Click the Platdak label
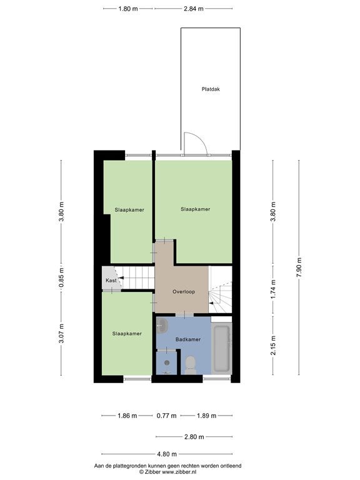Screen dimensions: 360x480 point(211,89)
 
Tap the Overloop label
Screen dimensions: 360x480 point(184,292)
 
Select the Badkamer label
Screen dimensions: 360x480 point(188,339)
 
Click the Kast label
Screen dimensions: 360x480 point(111,281)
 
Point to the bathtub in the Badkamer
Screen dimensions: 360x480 point(222,349)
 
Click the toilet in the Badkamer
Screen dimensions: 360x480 point(191,365)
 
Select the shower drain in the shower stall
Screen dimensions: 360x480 point(167,362)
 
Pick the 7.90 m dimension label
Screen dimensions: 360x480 point(299,267)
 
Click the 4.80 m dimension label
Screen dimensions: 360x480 point(166,454)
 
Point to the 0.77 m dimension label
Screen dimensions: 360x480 point(166,416)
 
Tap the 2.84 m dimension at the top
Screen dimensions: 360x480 point(194,9)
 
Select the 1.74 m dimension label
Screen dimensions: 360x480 point(273,289)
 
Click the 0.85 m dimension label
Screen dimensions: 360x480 point(61,277)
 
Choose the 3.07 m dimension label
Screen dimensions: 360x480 point(61,333)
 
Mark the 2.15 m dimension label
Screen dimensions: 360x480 point(273,345)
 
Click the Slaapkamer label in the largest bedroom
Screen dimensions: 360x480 point(195,209)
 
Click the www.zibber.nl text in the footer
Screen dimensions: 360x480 point(179,472)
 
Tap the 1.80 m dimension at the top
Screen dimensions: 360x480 point(128,9)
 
